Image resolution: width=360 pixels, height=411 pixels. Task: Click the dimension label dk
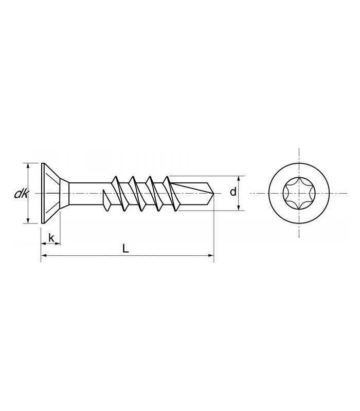pos(21,194)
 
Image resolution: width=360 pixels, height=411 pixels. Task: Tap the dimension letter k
pos(51,238)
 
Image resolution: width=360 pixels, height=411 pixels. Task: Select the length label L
pos(125,248)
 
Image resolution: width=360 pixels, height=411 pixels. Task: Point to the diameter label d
pos(233,192)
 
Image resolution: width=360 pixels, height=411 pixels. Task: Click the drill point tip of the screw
pos(214,194)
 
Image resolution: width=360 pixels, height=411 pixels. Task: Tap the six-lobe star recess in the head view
pos(299,194)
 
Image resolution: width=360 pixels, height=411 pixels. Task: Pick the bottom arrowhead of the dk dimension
pos(28,220)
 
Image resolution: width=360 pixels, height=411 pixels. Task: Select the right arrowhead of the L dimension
pos(211,255)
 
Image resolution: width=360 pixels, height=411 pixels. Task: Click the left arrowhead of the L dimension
pos(44,255)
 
